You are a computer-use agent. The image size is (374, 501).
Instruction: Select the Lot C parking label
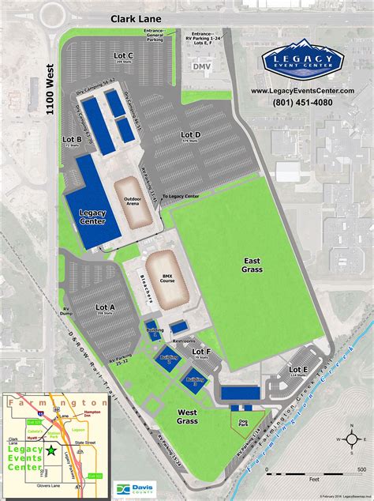click(x=124, y=55)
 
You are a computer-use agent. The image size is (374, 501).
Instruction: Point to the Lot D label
click(x=191, y=135)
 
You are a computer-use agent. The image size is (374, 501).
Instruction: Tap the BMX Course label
click(x=165, y=277)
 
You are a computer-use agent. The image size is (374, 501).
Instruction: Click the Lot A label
click(x=105, y=307)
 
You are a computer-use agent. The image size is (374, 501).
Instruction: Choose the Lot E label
click(x=298, y=369)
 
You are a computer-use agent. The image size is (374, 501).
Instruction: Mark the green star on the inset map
click(x=51, y=450)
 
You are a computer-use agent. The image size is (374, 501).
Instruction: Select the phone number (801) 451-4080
click(x=302, y=102)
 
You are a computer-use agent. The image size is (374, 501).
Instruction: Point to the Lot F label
click(x=203, y=351)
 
